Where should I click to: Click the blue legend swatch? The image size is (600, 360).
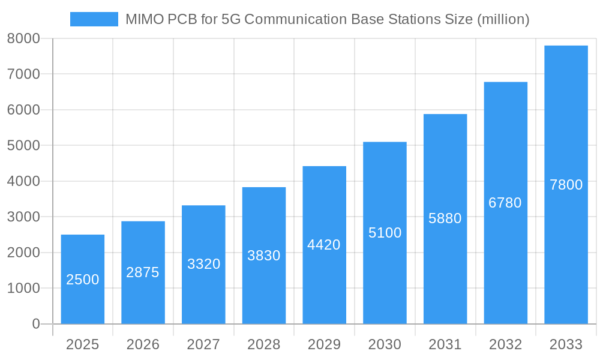click(94, 19)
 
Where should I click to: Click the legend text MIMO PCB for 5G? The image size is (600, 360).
click(327, 19)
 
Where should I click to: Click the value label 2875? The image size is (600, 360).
click(143, 272)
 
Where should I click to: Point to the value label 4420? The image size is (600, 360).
click(324, 245)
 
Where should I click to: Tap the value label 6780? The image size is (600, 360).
click(505, 203)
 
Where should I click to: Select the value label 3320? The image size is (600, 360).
click(203, 264)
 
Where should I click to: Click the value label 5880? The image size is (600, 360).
click(445, 218)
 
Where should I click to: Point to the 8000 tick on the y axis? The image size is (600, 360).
click(23, 38)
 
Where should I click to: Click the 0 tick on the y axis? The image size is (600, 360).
click(35, 324)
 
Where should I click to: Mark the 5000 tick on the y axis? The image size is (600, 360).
click(23, 146)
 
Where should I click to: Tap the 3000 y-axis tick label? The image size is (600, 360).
click(23, 217)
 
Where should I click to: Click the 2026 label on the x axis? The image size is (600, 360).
click(143, 344)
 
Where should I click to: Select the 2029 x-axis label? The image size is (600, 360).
click(324, 344)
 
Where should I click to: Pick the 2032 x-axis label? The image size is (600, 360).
click(505, 344)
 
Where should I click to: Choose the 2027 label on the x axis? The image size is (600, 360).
click(203, 344)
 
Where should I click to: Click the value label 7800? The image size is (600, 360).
click(566, 185)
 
